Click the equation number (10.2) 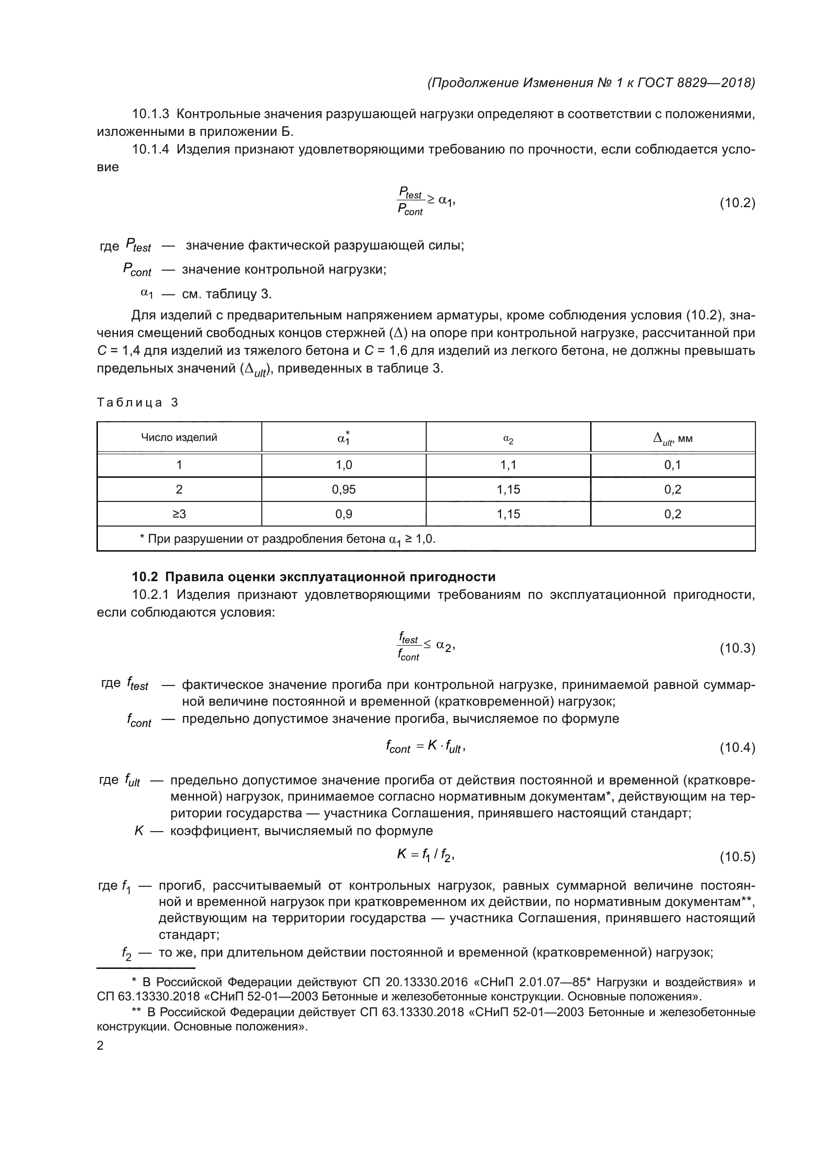click(x=737, y=203)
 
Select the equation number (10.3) click(x=737, y=648)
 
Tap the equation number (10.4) click(x=737, y=747)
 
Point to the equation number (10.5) click(x=737, y=857)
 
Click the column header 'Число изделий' click(x=179, y=437)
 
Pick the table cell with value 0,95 click(x=344, y=489)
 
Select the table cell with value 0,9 click(x=344, y=514)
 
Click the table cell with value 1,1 click(x=508, y=465)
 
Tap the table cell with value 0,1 click(x=673, y=465)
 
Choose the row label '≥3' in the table click(x=179, y=514)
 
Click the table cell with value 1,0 click(x=344, y=465)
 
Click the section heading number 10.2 click(x=145, y=577)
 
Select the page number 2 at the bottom click(x=100, y=1045)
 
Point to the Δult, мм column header click(x=673, y=438)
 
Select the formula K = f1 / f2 click(x=426, y=855)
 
